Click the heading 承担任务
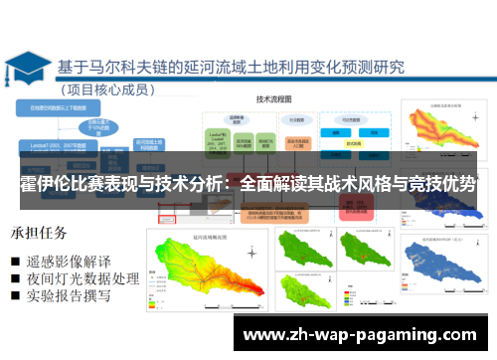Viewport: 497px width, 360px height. [x=40, y=234]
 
